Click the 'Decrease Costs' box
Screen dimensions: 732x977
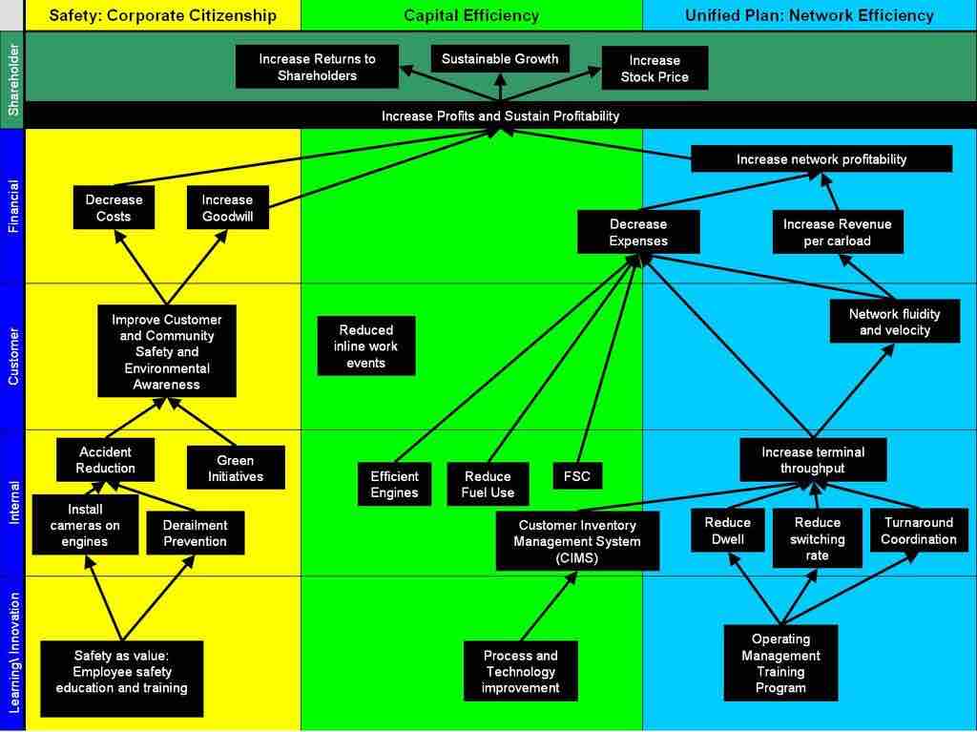tap(114, 208)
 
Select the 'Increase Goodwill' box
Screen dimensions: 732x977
tap(227, 208)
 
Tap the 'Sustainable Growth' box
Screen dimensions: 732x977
tap(500, 59)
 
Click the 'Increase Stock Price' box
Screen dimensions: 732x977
tap(655, 69)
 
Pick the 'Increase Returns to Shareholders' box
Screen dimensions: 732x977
tap(317, 67)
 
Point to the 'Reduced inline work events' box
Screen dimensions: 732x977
tap(366, 346)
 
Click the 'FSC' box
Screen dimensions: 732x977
tap(577, 475)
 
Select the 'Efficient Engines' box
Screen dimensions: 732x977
tap(394, 485)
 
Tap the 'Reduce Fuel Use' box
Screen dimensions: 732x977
tap(488, 485)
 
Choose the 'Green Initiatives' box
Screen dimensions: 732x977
tap(235, 468)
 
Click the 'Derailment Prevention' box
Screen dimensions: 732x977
tap(195, 533)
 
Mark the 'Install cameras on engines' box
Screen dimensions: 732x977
tap(85, 525)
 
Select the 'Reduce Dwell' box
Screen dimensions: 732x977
tap(727, 531)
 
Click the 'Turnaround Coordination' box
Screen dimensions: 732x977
tap(918, 531)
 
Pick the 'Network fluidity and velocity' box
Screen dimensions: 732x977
tap(894, 323)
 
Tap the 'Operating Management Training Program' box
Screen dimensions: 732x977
tap(780, 663)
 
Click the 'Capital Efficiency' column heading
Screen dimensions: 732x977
tap(471, 15)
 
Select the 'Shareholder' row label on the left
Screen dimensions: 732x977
tap(12, 80)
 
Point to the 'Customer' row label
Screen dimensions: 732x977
tap(12, 356)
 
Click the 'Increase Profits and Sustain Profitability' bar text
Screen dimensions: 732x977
tap(500, 115)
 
